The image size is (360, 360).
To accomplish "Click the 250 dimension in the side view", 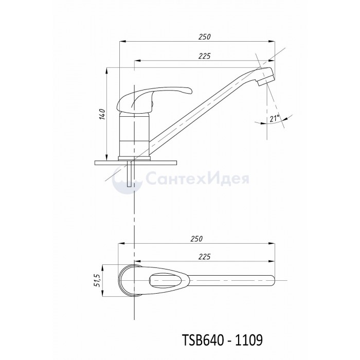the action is [x=205, y=37].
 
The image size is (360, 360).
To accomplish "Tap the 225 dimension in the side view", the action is [x=204, y=56].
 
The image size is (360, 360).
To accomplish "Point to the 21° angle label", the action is [x=275, y=119].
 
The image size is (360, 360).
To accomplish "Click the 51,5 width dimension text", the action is [x=97, y=280].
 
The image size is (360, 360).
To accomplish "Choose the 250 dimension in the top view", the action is [x=197, y=239].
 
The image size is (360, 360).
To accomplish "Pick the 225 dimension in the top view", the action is [x=204, y=257].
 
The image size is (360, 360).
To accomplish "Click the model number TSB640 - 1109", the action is [x=222, y=340].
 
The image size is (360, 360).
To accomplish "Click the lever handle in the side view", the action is [x=153, y=99].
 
